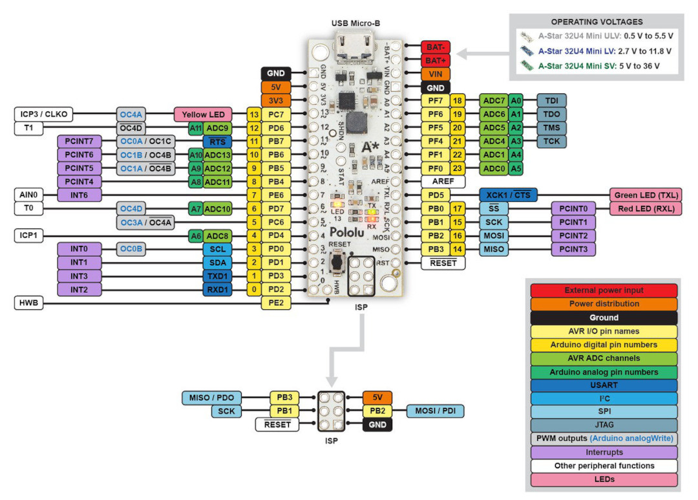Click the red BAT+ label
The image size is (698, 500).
point(436,60)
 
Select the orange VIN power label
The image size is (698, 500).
point(436,74)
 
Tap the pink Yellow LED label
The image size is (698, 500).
point(203,114)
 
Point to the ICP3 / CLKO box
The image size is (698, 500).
point(44,114)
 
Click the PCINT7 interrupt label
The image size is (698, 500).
point(79,141)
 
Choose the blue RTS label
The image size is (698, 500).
point(217,142)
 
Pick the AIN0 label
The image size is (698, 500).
point(28,195)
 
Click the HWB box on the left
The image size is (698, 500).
point(28,303)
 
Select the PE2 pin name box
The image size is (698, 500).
point(276,303)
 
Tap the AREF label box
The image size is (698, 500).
point(443,181)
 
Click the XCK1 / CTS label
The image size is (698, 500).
point(509,195)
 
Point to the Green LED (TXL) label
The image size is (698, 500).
point(646,195)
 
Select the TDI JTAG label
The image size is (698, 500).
point(551,101)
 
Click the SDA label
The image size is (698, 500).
point(217,263)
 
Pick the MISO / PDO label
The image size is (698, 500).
point(211,398)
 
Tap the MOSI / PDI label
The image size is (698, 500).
point(436,411)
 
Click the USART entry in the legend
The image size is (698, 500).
point(604,385)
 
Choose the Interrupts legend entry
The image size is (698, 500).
point(604,452)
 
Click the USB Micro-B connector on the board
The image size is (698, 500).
point(355,47)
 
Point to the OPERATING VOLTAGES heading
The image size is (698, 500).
point(597,22)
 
